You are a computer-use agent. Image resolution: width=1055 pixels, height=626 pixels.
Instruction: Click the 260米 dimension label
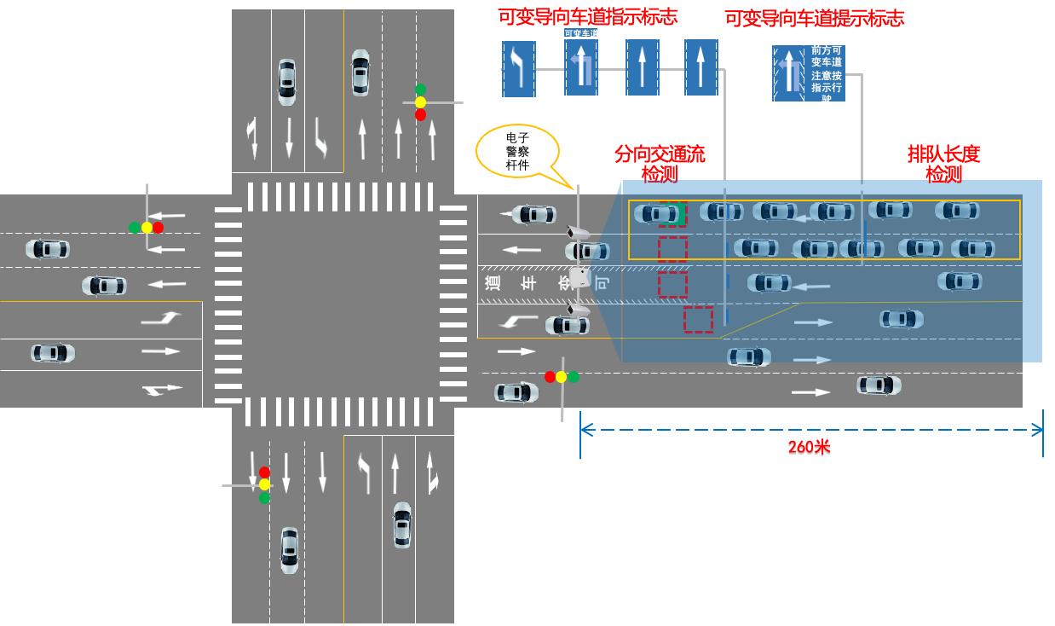click(x=808, y=447)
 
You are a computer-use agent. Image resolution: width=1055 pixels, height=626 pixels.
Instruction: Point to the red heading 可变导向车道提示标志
click(x=814, y=18)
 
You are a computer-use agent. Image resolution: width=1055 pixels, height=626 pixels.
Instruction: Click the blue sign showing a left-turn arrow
click(x=518, y=68)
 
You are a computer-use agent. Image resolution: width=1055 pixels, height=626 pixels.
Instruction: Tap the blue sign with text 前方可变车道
click(x=809, y=73)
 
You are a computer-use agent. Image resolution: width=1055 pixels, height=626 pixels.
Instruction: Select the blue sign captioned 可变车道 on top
click(x=581, y=65)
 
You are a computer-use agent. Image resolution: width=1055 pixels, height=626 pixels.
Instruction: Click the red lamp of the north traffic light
click(x=420, y=114)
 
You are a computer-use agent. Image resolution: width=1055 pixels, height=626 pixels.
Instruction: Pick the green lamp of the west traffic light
click(x=135, y=228)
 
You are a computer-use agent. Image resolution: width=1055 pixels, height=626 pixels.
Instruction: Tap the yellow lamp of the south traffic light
click(x=264, y=484)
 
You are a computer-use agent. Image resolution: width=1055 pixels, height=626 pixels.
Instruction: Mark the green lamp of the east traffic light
click(x=574, y=376)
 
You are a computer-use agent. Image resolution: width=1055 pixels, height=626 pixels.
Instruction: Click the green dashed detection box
click(x=672, y=214)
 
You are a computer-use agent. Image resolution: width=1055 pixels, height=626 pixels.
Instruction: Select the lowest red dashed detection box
click(x=698, y=319)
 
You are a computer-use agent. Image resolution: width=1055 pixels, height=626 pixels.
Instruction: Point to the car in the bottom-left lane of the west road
click(x=53, y=352)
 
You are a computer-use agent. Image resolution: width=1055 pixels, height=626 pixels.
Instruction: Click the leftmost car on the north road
click(x=287, y=82)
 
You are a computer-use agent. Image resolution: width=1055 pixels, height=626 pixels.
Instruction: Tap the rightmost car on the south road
click(x=401, y=525)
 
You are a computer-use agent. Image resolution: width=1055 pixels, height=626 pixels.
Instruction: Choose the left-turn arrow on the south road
click(x=365, y=472)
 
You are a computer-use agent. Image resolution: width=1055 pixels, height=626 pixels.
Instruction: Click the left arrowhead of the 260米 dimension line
click(x=583, y=429)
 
